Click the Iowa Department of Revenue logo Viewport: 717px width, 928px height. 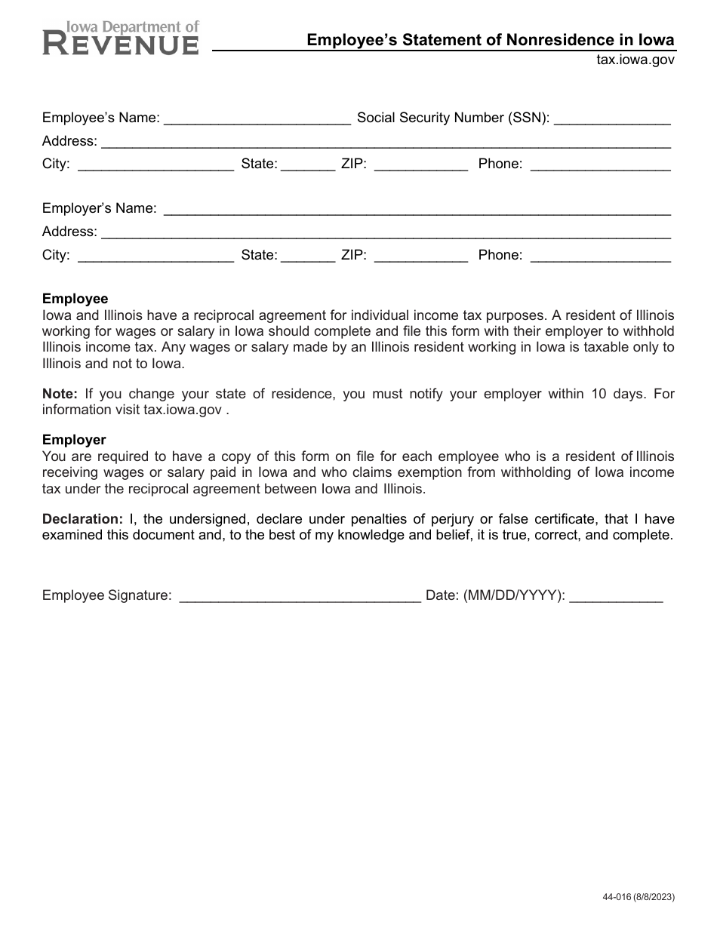(121, 38)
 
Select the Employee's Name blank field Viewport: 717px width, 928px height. (257, 118)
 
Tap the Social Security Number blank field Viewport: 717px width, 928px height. (612, 118)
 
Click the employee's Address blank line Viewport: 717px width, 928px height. (386, 142)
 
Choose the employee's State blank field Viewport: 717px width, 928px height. (308, 164)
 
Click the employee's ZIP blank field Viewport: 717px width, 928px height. (421, 164)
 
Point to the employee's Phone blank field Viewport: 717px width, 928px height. (601, 164)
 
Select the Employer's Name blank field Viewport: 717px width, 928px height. (417, 209)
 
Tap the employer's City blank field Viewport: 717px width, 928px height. (155, 256)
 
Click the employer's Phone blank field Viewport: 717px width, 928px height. (601, 256)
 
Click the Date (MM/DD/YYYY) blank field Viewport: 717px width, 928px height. (616, 596)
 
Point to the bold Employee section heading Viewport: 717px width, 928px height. (75, 299)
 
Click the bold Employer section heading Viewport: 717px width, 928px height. (74, 439)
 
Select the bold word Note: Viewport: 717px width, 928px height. (60, 394)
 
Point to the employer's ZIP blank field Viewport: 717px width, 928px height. (421, 256)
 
